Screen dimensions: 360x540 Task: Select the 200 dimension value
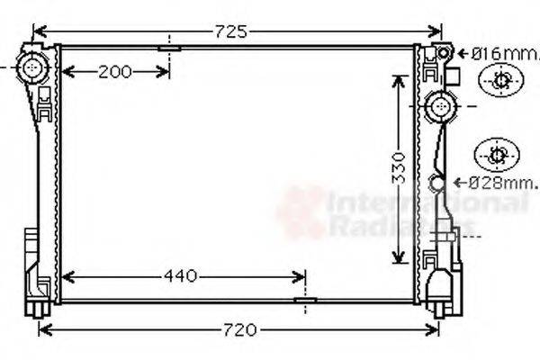click(115, 71)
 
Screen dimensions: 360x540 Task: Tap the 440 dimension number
click(182, 277)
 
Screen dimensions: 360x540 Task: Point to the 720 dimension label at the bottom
click(240, 329)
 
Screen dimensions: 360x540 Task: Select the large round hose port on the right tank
click(441, 106)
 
